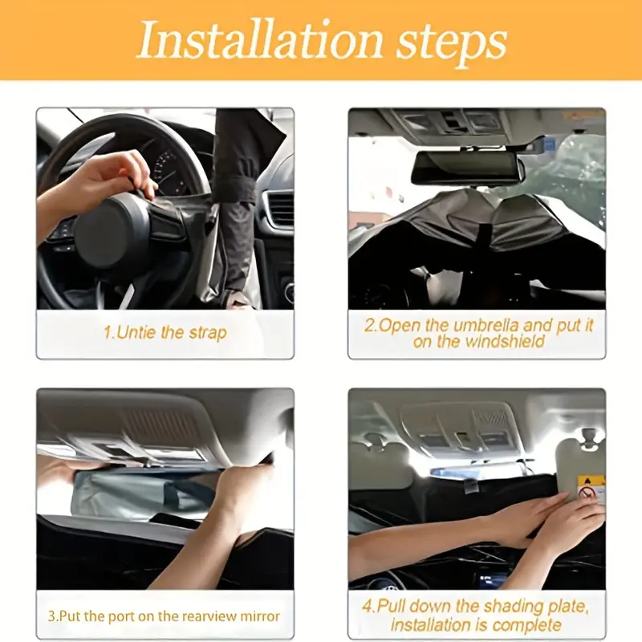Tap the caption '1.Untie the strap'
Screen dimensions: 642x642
click(x=165, y=332)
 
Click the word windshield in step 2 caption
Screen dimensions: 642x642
click(x=506, y=341)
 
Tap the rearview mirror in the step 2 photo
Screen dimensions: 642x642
click(x=468, y=168)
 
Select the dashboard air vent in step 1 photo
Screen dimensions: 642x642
click(x=279, y=208)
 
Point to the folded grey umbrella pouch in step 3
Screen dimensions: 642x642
click(x=141, y=494)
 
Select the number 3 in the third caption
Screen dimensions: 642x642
click(x=51, y=616)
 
